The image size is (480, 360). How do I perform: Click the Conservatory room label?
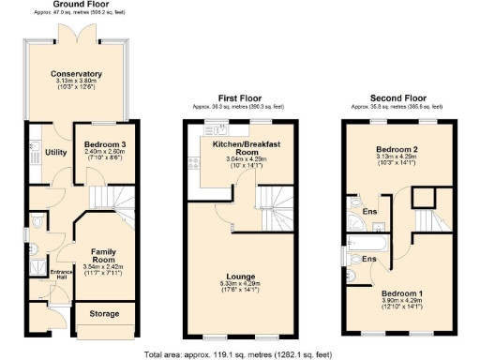point(77,74)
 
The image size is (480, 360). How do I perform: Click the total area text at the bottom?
point(239,353)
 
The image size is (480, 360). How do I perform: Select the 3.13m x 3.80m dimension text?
point(77,82)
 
